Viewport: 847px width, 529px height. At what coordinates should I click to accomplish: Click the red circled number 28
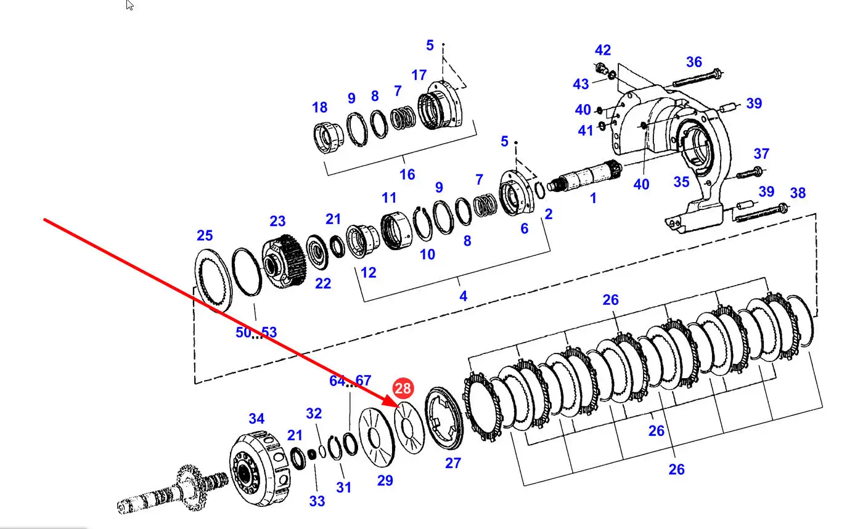coord(403,388)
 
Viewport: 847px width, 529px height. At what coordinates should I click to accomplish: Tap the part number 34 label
coord(256,418)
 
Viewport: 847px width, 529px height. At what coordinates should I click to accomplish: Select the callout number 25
coord(205,235)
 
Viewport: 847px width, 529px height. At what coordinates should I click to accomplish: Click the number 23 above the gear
coord(277,221)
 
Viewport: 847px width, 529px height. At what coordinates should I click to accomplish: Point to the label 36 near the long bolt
coord(694,62)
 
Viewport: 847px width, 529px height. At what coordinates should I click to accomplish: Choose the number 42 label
coord(603,50)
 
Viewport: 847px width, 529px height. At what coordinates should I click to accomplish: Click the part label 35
coord(681,182)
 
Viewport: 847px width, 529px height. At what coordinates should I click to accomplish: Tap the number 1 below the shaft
coord(593,198)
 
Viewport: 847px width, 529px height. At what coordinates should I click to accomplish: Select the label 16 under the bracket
coord(407,174)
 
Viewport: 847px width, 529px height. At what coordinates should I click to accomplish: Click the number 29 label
coord(385,480)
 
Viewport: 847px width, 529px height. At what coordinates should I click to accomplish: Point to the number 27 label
coord(453,463)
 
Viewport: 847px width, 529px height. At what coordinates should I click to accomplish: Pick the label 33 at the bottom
coord(317,501)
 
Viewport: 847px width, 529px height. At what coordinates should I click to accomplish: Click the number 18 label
coord(319,107)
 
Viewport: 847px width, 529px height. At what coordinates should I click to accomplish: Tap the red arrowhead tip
coord(399,407)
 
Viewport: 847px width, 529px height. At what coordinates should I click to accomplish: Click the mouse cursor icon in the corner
coord(129,6)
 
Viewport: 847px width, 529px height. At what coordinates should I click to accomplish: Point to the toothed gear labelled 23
coord(284,260)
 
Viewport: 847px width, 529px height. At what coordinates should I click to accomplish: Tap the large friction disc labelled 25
coord(213,281)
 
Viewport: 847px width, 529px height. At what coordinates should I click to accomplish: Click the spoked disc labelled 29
coord(377,437)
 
